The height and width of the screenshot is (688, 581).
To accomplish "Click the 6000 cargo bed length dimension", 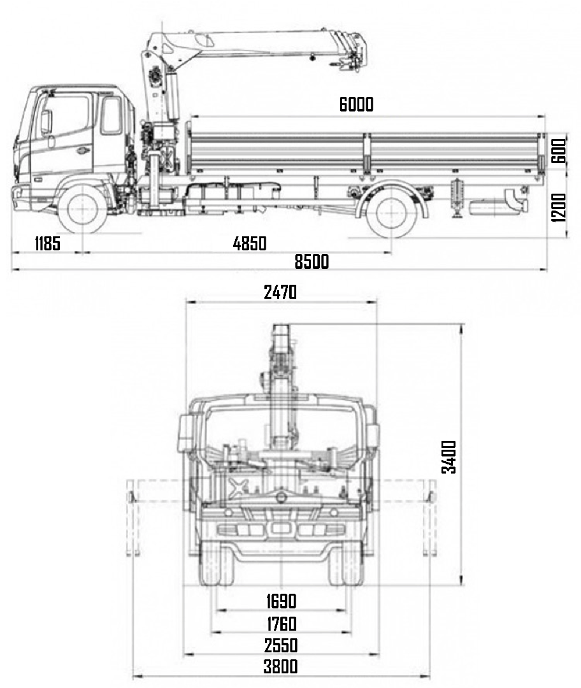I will point(356,105).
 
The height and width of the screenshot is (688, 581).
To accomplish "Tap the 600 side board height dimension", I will point(559,150).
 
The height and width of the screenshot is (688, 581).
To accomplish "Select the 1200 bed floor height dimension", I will point(559,207).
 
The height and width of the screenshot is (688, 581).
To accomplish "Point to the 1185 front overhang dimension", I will point(47,243).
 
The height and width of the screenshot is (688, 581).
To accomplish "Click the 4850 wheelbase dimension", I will point(250,243).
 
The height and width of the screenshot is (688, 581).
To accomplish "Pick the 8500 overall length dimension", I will point(312,261).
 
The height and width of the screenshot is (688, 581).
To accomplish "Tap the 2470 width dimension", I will point(280,292).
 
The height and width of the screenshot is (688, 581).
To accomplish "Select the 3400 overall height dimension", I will point(449,456).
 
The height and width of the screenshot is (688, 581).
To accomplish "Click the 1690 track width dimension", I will point(281,601).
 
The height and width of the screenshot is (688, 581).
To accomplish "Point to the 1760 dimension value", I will point(281,624).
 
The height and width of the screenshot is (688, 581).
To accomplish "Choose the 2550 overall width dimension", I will point(281,645).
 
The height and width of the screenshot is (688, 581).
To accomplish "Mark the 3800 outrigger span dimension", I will point(281,667).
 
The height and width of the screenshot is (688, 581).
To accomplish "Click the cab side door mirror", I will point(46,122).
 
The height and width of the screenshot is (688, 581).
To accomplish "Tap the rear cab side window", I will point(111,115).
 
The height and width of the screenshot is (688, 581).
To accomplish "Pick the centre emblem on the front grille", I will point(279,528).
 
